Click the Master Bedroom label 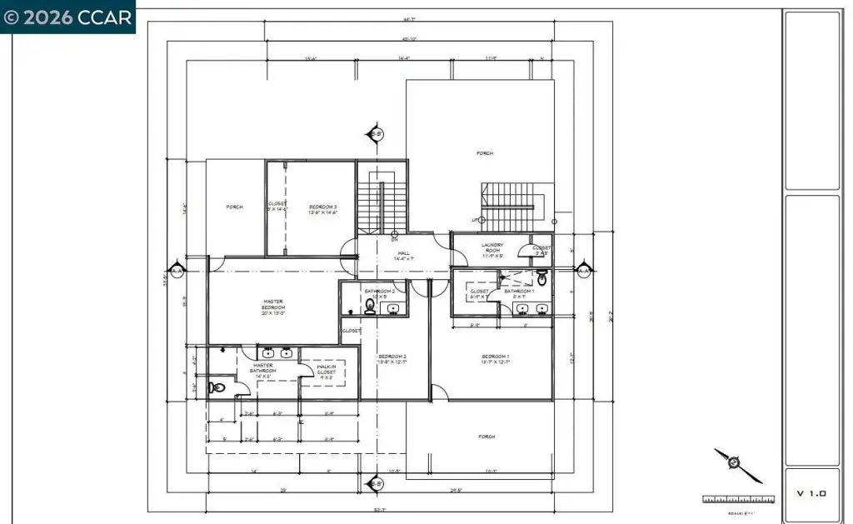tap(274, 307)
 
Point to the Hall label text tap(403, 256)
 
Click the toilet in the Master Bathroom tap(217, 387)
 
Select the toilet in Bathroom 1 tap(542, 280)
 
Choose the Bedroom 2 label tap(392, 358)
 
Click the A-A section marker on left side tap(177, 270)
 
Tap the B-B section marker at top tap(376, 134)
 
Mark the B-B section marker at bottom tap(376, 483)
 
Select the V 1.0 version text tap(811, 493)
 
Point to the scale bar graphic tap(738, 499)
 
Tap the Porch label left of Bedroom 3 tap(235, 207)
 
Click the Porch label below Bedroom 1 tap(486, 437)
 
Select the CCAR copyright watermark tap(67, 17)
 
